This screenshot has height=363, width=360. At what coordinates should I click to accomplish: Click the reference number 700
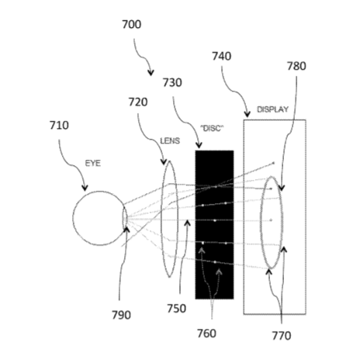point(131,25)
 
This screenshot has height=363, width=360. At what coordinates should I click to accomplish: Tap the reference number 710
point(59,126)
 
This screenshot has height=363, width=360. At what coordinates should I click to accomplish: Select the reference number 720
point(138,102)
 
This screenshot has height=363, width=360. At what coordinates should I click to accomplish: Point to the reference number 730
point(172,83)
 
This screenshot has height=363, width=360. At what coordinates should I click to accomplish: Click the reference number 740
point(222,57)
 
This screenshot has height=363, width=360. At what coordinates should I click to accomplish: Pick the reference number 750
point(176,309)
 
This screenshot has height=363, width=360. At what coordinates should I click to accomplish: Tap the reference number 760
point(206,334)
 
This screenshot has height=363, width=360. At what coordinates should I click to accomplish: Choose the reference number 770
point(282,336)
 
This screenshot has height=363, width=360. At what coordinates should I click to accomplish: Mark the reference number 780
point(296,66)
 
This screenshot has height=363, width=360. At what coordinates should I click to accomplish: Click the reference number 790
point(121,315)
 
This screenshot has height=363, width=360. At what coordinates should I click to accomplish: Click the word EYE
point(93,164)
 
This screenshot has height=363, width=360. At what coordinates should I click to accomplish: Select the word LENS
point(170,141)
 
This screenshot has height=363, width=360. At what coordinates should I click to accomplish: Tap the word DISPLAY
point(272,109)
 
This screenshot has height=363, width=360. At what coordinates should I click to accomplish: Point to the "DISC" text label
point(212,128)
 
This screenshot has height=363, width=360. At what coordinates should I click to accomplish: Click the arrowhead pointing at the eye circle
point(85,188)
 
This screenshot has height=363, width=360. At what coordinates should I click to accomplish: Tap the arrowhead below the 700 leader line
point(151,73)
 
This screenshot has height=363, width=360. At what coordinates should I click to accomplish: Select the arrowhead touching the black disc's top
point(199,145)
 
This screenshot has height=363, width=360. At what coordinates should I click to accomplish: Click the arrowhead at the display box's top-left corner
point(247,114)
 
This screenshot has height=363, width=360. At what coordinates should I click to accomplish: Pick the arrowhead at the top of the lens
point(164,161)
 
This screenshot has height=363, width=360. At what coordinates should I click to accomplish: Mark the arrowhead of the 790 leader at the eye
point(126,230)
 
